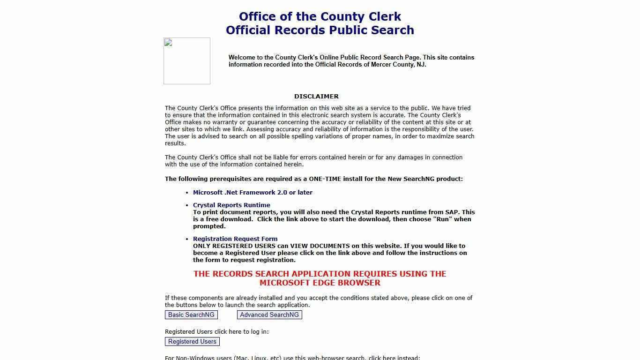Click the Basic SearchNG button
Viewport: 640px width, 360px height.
point(191,315)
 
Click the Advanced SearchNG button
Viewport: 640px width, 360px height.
point(269,315)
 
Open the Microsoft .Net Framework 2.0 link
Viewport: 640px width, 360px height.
point(253,193)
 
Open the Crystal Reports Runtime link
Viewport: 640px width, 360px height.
point(231,205)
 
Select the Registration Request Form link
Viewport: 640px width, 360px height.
point(235,239)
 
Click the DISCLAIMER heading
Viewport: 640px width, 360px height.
point(316,97)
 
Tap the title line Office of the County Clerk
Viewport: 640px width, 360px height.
point(320,17)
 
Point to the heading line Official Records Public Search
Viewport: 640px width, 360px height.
point(320,30)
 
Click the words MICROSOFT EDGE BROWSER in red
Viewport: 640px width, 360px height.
point(320,283)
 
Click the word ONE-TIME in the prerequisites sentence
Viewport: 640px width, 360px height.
point(326,179)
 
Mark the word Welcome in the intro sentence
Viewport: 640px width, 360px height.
point(242,58)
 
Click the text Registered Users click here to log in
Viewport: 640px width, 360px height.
point(216,332)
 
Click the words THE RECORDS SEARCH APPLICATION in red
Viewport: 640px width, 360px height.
point(272,274)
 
